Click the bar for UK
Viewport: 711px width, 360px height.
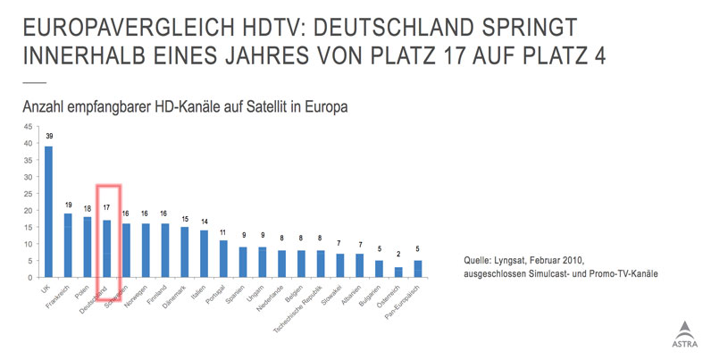tap(49, 212)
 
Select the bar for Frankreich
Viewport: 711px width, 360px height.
tap(68, 246)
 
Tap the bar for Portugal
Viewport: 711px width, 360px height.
tap(223, 259)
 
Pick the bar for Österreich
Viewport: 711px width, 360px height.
tap(398, 272)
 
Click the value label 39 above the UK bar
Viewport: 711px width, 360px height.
tap(49, 137)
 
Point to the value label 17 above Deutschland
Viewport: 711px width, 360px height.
tap(107, 208)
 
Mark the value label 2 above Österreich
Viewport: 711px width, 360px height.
tap(398, 255)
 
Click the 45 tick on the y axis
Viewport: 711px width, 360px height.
tap(28, 126)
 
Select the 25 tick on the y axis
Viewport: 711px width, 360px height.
tap(28, 193)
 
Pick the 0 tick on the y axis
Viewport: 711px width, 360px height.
tap(30, 278)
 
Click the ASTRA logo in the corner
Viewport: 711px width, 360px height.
tap(684, 332)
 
